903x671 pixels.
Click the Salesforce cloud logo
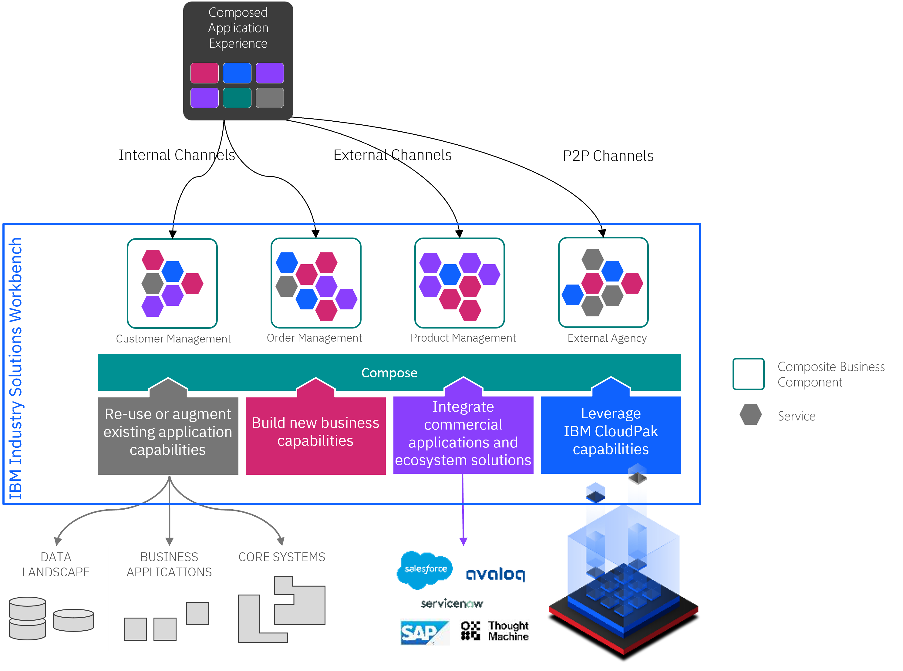(x=425, y=569)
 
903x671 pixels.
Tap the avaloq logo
(x=495, y=574)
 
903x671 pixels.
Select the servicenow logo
(x=451, y=604)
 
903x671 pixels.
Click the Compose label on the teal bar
(x=389, y=373)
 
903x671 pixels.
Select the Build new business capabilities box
(x=315, y=432)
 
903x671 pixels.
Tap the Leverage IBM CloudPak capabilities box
(x=610, y=432)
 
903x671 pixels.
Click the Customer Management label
(x=174, y=339)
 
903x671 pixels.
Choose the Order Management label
(x=314, y=338)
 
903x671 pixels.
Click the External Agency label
(x=607, y=338)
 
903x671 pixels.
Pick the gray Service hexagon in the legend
(x=750, y=415)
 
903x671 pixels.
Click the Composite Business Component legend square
(x=748, y=374)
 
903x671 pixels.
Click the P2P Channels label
(x=608, y=156)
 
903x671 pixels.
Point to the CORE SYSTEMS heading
(x=282, y=557)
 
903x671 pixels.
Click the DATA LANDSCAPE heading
(x=56, y=564)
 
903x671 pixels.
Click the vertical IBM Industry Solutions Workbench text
(x=16, y=368)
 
